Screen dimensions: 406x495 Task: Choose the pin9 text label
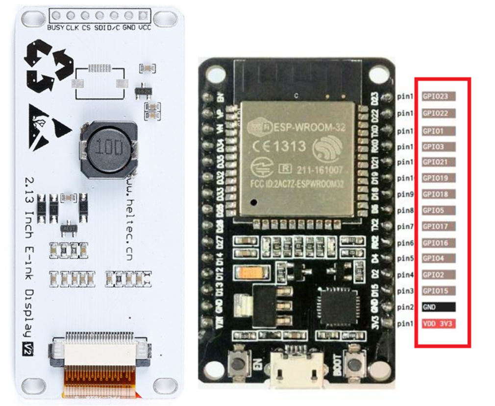pos(405,194)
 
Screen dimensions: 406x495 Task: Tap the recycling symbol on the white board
pos(49,66)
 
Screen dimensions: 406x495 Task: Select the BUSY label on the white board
pos(56,28)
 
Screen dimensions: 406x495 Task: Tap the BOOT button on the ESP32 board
pos(354,364)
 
